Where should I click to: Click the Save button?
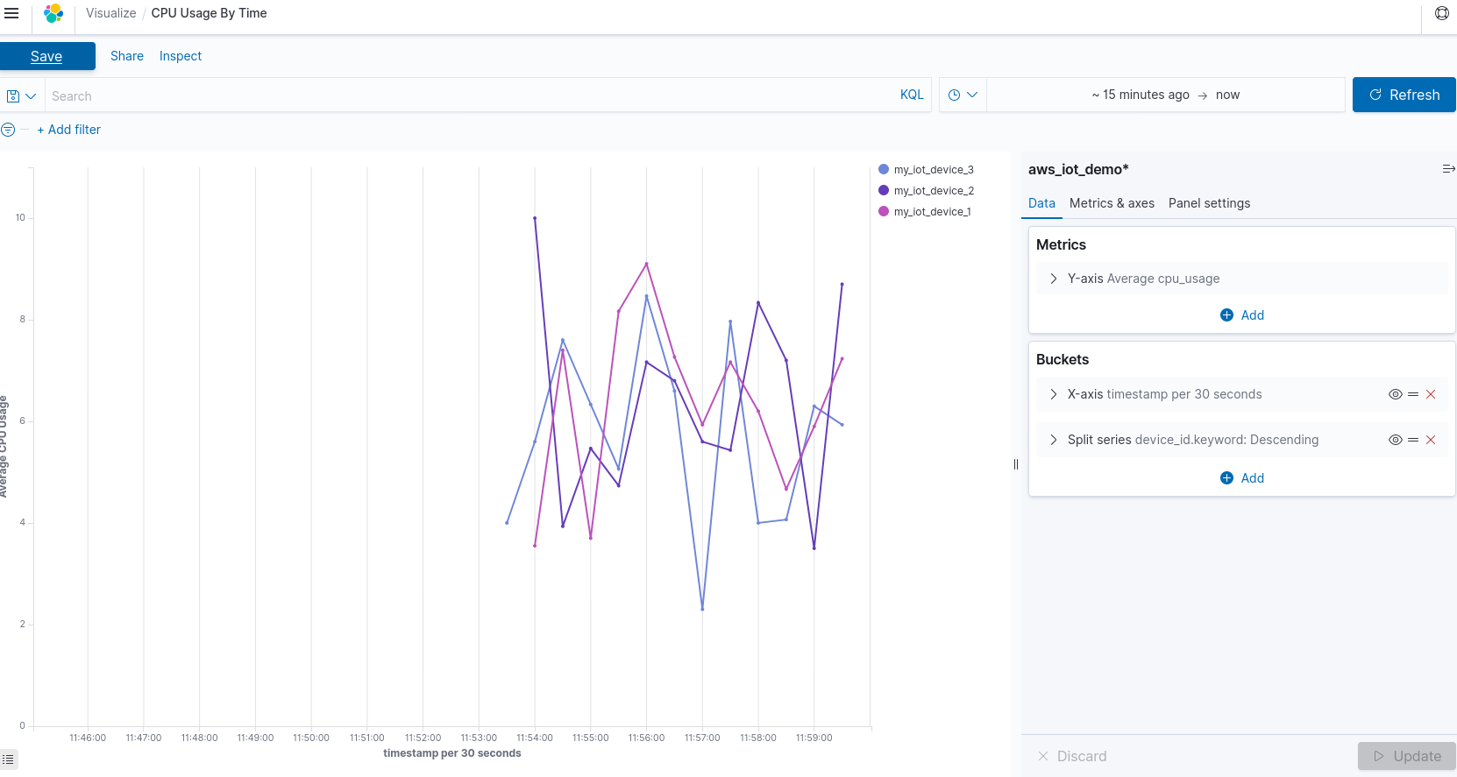point(46,56)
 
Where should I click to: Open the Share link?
point(126,56)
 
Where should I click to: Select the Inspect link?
point(181,56)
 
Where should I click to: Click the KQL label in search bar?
point(911,95)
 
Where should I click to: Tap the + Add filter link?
point(69,130)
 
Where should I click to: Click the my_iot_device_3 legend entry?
point(933,170)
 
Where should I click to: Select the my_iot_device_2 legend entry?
point(933,191)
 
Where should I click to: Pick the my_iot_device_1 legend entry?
point(932,212)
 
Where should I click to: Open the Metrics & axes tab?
point(1112,203)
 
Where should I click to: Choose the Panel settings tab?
point(1209,203)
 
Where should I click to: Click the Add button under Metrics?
point(1242,315)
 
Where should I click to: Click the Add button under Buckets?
point(1242,478)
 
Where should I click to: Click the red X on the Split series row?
point(1431,440)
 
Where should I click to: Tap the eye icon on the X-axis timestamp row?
point(1395,394)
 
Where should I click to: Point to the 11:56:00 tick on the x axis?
point(646,738)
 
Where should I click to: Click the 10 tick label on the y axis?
point(20,218)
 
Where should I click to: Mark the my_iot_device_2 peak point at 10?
point(535,218)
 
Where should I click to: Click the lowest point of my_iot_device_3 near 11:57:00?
point(702,609)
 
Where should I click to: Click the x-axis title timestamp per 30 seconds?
point(451,753)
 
